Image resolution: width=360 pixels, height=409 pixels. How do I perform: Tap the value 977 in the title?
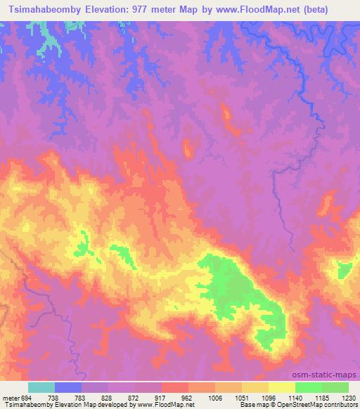(154, 8)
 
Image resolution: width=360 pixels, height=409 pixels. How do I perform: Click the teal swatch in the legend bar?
(41, 387)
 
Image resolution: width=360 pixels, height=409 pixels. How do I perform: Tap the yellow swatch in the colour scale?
(282, 387)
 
